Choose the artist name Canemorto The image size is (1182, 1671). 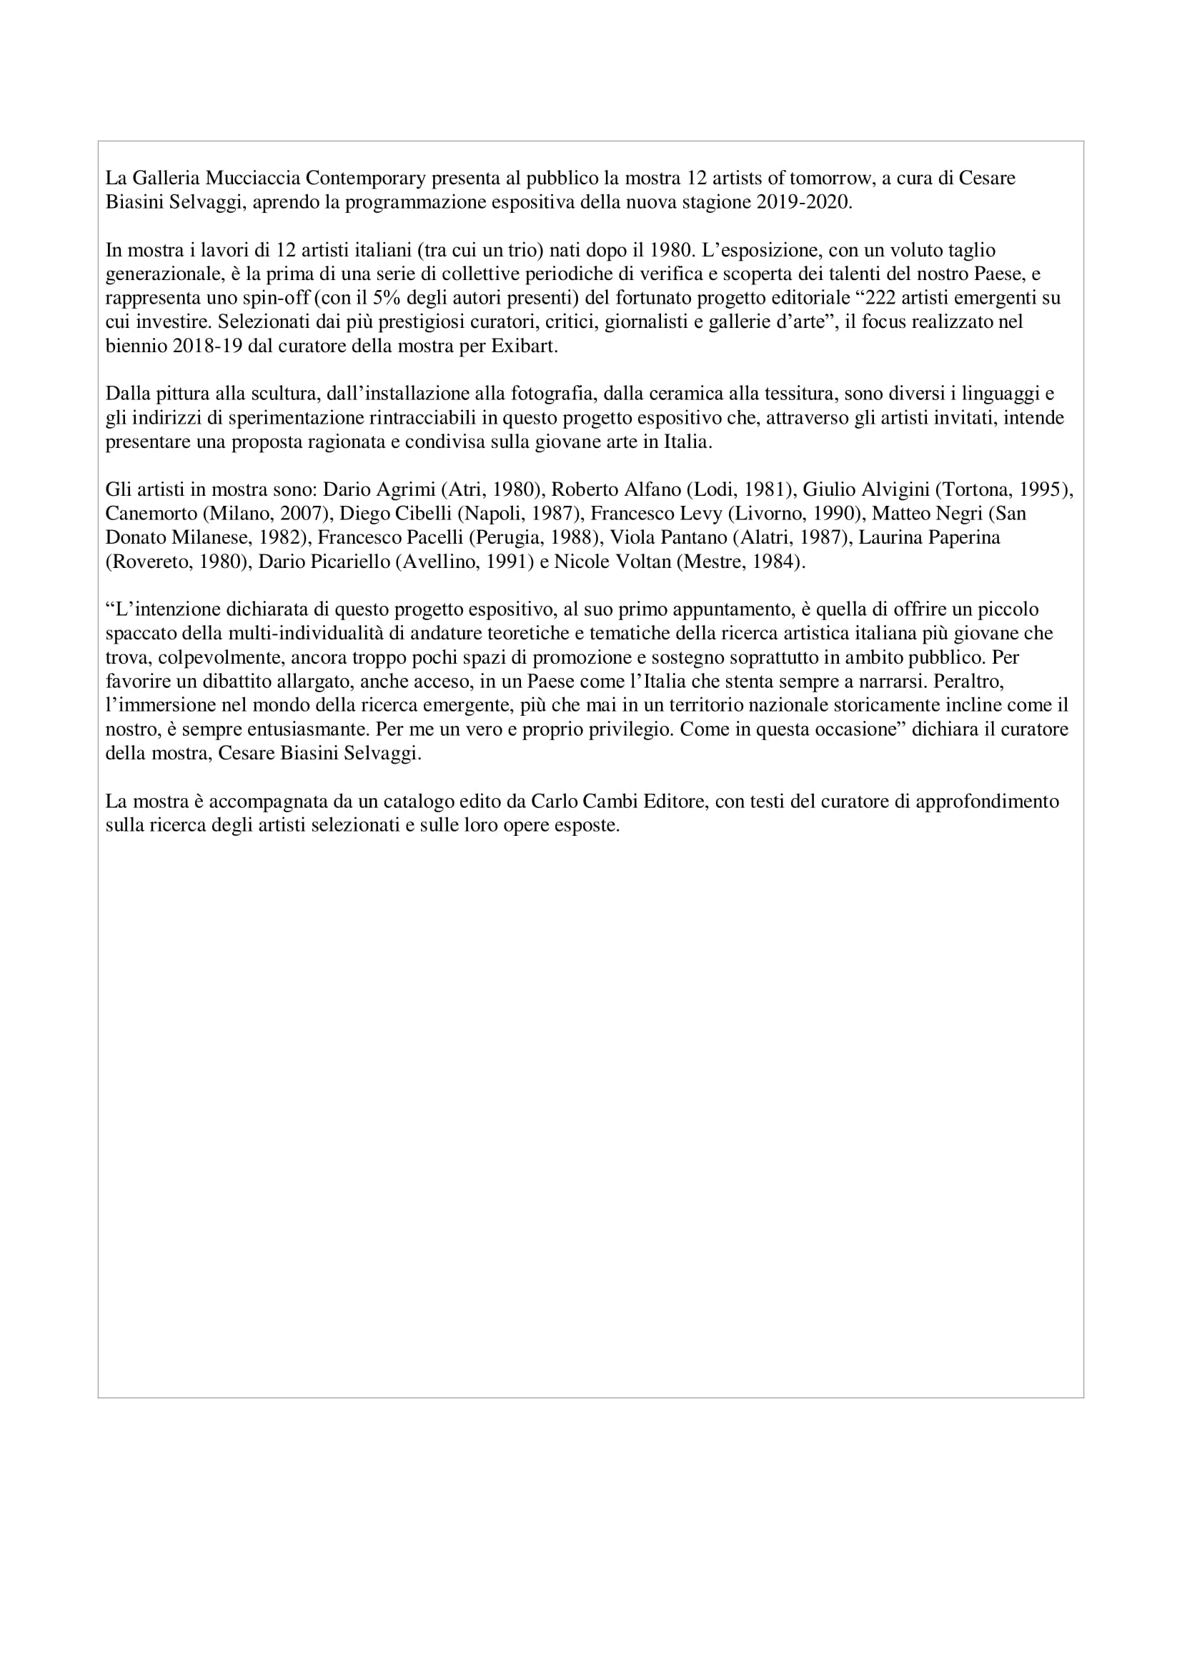tap(151, 514)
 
